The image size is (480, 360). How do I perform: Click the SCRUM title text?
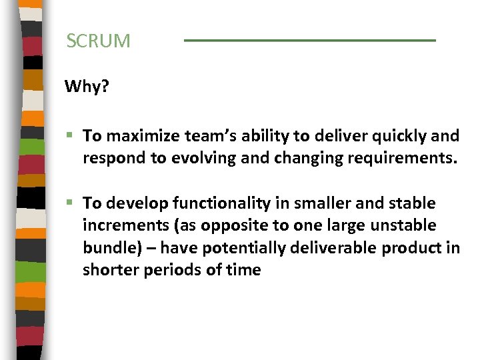pos(99,41)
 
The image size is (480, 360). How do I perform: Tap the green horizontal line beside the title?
pos(309,41)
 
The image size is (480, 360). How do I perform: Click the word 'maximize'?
pos(138,137)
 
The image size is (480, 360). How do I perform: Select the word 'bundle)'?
pos(108,248)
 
